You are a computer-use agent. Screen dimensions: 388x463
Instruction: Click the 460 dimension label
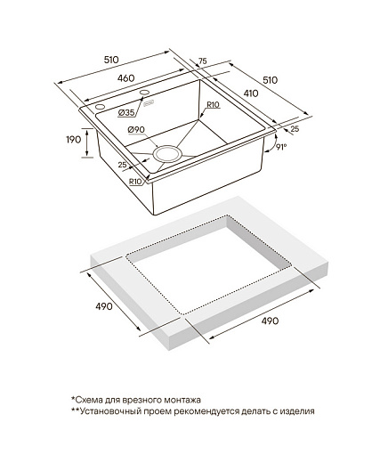pyautogui.click(x=125, y=78)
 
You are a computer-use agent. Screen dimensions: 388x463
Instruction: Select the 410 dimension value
pyautogui.click(x=251, y=93)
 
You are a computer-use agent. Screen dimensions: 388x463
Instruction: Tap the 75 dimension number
pyautogui.click(x=202, y=61)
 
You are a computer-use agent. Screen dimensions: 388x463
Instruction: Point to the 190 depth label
pyautogui.click(x=73, y=139)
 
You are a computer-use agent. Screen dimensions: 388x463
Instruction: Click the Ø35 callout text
pyautogui.click(x=126, y=112)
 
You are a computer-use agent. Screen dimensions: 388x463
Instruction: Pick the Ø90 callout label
pyautogui.click(x=136, y=130)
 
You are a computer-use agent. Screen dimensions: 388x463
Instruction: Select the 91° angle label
pyautogui.click(x=281, y=147)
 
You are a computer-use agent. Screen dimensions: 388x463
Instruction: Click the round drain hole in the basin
pyautogui.click(x=167, y=154)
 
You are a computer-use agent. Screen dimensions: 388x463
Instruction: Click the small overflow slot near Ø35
pyautogui.click(x=149, y=104)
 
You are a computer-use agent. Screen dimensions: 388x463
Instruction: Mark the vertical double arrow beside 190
pyautogui.click(x=87, y=142)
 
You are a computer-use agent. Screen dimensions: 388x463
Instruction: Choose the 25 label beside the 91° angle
pyautogui.click(x=295, y=128)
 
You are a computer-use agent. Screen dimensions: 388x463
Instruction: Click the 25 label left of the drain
pyautogui.click(x=122, y=165)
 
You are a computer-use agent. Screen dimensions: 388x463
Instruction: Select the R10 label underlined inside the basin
pyautogui.click(x=213, y=105)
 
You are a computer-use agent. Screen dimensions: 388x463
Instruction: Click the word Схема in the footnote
pyautogui.click(x=87, y=400)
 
